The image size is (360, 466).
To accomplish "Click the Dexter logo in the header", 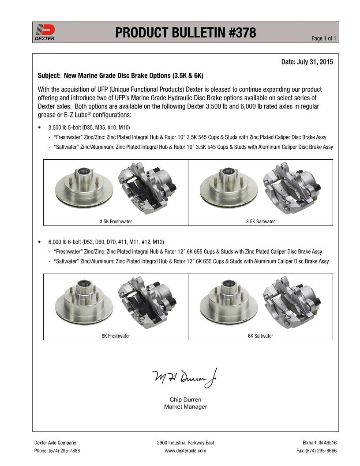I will coord(45,32).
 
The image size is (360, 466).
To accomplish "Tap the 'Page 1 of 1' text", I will coord(324,38).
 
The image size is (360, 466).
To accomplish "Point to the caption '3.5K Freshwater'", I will coord(116,222).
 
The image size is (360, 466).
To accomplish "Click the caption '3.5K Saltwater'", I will coord(260,222).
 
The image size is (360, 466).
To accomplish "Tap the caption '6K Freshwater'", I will coord(116,336).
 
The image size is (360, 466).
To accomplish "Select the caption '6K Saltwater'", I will coord(260,336).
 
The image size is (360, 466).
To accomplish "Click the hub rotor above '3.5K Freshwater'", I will coord(84,188).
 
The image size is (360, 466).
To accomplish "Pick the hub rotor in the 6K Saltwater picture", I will coord(229,302).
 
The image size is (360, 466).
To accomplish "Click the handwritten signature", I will coord(185,377).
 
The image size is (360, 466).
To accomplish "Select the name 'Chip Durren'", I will coord(185,400).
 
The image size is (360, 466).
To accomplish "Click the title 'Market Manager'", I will coord(185,407).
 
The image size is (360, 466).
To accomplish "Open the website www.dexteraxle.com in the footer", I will coord(185,451).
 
